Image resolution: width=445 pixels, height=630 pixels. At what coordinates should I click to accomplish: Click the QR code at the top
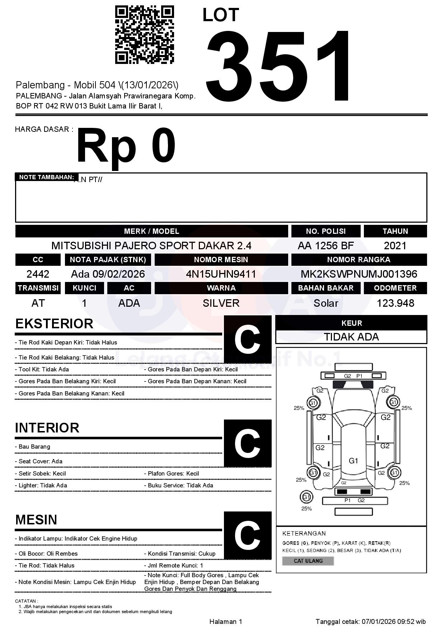pos(144,35)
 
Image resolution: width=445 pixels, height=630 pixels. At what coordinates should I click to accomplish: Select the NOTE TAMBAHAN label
pos(46,177)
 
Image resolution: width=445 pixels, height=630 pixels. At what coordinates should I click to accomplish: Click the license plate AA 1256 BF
pos(325,246)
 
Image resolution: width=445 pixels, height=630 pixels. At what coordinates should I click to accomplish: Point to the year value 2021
pos(395,246)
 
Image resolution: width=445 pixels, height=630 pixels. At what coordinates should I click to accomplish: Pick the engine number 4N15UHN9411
pos(221,274)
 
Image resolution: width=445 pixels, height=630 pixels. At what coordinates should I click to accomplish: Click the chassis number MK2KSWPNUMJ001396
pos(359,274)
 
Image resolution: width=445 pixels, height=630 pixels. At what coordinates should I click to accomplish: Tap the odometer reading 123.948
pos(395,303)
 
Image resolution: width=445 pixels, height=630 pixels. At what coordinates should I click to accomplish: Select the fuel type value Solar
pos(325,303)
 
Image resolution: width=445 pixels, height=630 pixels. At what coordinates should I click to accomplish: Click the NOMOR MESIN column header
pos(221,259)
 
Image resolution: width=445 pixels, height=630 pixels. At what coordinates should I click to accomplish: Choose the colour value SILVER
pos(221,303)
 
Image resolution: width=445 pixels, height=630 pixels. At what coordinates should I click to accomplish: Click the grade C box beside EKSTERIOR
pos(247,339)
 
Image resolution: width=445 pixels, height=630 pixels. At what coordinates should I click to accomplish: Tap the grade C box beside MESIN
pos(247,535)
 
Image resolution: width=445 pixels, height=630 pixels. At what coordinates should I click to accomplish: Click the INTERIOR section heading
pos(47,428)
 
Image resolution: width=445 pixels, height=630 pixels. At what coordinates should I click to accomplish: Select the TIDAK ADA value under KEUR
pos(351,337)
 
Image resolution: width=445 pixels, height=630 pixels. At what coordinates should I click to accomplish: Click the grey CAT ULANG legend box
pos(308,561)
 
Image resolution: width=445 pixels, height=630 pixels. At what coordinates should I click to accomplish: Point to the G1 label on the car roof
pos(353,461)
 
